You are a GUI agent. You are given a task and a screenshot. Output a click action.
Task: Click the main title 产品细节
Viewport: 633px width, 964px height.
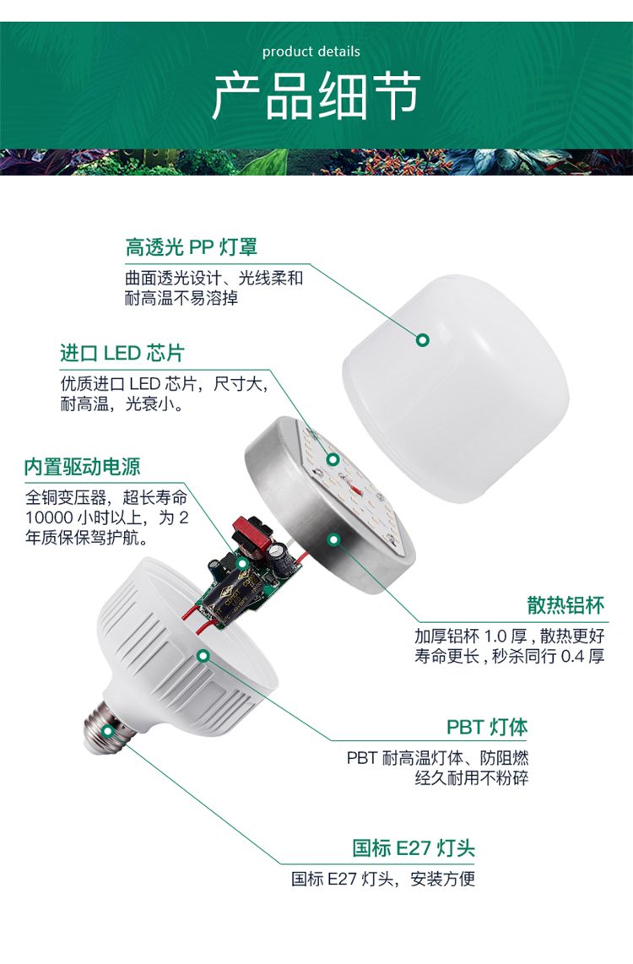(x=316, y=96)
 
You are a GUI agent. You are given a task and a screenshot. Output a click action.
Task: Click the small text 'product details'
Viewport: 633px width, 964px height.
(x=311, y=51)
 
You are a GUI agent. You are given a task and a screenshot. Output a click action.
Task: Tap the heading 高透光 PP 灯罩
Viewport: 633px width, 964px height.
(x=191, y=247)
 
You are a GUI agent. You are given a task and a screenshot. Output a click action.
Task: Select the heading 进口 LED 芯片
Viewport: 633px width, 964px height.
(x=122, y=353)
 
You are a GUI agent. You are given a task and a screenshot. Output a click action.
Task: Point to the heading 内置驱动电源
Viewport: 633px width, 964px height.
(x=83, y=467)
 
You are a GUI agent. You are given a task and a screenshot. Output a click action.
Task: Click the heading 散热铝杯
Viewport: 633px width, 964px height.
(x=565, y=605)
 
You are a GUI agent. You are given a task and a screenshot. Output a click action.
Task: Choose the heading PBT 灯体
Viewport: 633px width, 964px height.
(x=487, y=727)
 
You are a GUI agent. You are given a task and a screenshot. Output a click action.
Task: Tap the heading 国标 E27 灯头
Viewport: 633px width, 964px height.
(x=413, y=848)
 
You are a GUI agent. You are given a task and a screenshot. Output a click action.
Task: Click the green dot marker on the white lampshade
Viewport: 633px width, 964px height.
(x=422, y=339)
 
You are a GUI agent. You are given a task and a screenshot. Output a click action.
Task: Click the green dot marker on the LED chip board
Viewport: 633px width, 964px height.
(x=333, y=459)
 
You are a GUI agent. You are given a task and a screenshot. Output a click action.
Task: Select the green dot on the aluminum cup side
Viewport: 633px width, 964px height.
(x=333, y=539)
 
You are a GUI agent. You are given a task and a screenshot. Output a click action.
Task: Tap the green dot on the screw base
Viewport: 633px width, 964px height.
(x=108, y=730)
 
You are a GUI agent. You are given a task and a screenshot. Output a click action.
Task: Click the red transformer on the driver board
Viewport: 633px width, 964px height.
(x=252, y=533)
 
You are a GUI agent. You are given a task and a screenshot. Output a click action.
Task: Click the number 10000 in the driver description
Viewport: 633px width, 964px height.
(x=50, y=517)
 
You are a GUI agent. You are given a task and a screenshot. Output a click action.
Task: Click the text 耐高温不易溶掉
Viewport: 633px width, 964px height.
(x=181, y=299)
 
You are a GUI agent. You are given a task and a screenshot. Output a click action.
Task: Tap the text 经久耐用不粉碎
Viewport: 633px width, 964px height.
(x=471, y=777)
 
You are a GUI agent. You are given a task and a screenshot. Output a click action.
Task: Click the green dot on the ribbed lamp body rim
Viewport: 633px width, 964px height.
(x=203, y=655)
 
